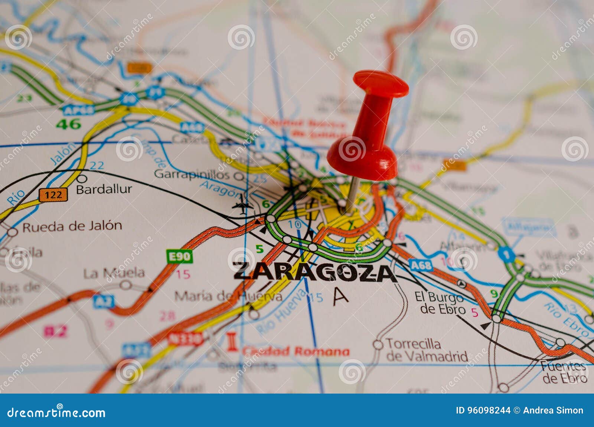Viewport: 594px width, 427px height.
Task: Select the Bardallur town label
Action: click(104, 189)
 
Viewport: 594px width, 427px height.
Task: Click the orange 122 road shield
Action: click(53, 195)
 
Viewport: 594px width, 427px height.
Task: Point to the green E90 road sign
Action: click(180, 256)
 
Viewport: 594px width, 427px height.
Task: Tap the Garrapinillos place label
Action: click(192, 174)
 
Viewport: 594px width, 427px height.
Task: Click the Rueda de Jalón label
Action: click(72, 226)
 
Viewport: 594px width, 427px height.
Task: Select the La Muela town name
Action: click(114, 273)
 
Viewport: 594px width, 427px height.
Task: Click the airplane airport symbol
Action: click(242, 205)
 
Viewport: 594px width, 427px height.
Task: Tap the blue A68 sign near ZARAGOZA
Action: click(421, 265)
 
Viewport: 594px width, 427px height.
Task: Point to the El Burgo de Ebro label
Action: click(440, 303)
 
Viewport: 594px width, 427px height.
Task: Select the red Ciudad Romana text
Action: click(296, 351)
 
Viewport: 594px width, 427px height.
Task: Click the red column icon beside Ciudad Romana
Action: click(232, 342)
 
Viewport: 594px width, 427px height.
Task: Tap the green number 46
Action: click(68, 124)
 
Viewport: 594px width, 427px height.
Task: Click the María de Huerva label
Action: click(228, 296)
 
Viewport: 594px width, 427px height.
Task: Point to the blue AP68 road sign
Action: click(78, 110)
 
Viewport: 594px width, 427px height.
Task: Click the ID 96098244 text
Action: click(483, 410)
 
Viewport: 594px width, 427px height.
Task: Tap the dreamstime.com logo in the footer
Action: click(56, 412)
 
